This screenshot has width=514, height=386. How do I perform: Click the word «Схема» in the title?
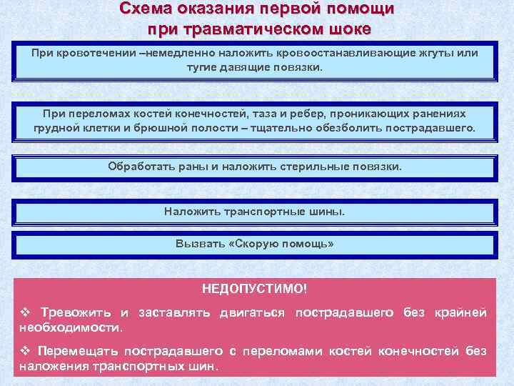(x=141, y=9)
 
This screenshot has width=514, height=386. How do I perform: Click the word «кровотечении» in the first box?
(x=96, y=54)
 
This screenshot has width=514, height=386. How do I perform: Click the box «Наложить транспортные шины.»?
(x=254, y=212)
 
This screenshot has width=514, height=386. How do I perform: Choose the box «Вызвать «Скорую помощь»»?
(x=254, y=243)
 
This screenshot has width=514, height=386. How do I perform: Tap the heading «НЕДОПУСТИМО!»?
(x=254, y=289)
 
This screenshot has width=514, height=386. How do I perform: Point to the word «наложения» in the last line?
(x=51, y=365)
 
